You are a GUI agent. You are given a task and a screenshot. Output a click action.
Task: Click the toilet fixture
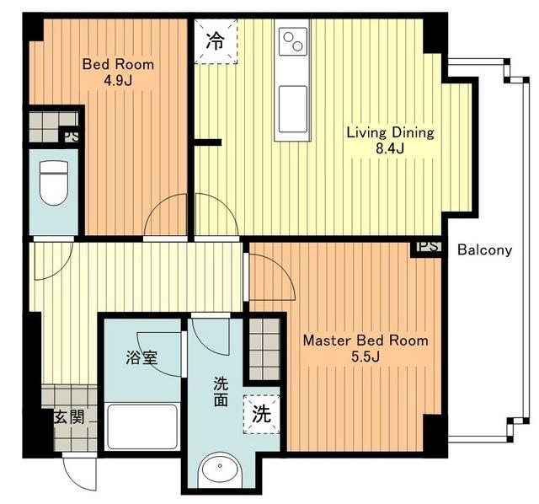point(54,183)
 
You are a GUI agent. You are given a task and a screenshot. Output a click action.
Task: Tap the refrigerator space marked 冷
point(216,41)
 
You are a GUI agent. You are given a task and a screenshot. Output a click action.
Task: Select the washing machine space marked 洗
point(261,414)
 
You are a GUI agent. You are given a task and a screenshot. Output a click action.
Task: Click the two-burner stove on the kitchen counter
point(293,41)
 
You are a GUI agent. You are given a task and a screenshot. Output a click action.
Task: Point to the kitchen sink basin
point(293,109)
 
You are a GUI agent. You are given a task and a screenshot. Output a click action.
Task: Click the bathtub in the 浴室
point(142,426)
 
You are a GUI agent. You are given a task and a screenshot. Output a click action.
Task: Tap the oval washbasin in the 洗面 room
point(220,467)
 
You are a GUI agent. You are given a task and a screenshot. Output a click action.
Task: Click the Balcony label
point(485,249)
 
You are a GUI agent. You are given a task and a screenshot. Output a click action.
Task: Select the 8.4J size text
point(390,148)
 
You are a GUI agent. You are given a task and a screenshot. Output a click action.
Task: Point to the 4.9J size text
point(118,81)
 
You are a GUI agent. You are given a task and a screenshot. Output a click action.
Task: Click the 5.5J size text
point(366,357)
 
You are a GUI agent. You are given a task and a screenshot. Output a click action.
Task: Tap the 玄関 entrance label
point(69,417)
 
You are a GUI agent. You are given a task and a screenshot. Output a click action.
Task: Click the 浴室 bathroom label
point(141,357)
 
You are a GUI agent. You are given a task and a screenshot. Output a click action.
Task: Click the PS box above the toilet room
point(71,137)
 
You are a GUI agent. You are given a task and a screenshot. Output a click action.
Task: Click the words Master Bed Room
point(366,340)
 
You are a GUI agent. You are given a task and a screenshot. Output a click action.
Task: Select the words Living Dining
point(390,132)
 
